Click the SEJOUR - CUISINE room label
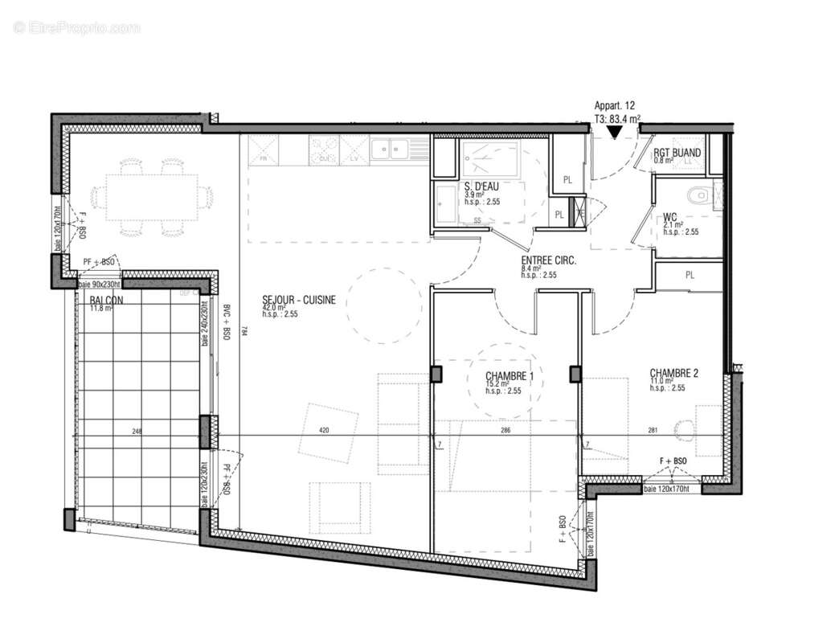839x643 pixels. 298,301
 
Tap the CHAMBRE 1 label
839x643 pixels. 510,376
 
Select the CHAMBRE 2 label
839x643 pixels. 673,373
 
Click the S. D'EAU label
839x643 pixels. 483,186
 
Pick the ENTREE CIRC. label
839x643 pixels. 550,260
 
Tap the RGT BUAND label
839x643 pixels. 676,153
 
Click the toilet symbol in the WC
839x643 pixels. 700,194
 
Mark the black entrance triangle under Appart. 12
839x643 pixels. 614,133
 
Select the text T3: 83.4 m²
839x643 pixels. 616,119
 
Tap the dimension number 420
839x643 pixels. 325,431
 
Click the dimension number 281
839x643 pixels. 653,431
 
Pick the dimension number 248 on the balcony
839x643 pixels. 137,432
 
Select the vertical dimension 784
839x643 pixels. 243,335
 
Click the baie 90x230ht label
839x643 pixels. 100,285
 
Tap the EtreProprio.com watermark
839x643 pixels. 77,28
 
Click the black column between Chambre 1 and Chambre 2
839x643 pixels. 575,374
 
